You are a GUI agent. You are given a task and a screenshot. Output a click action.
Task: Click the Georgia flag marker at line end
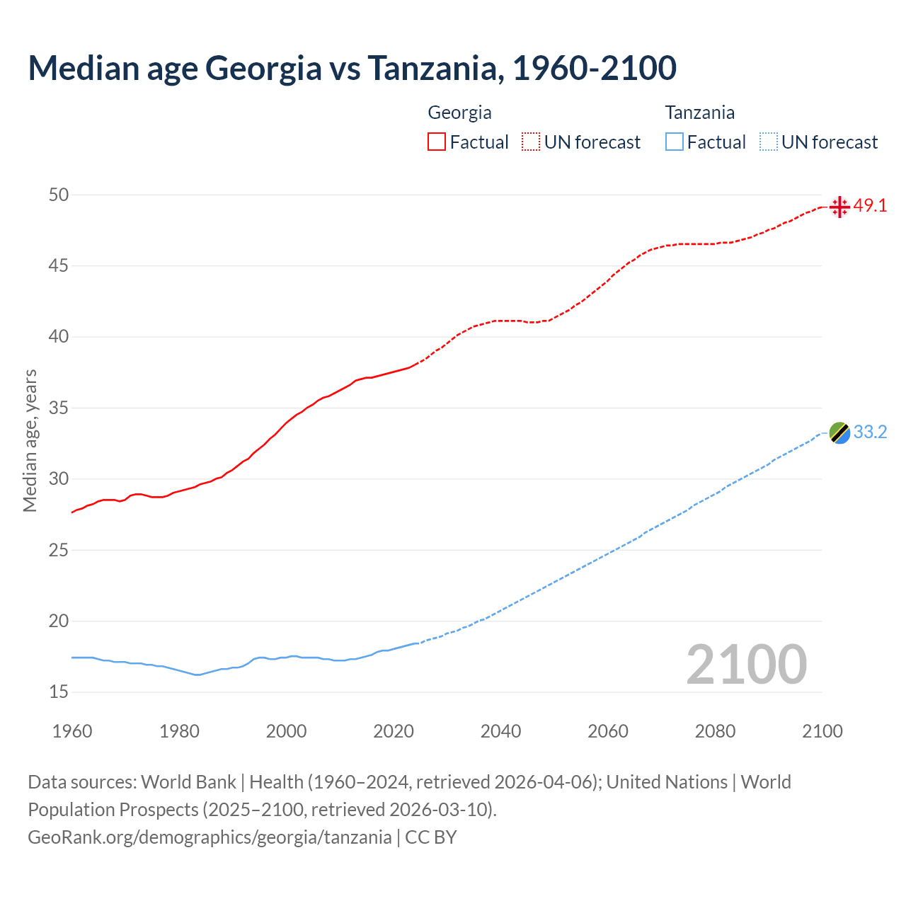[x=839, y=207]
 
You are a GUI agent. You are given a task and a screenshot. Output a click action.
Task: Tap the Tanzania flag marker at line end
[x=839, y=432]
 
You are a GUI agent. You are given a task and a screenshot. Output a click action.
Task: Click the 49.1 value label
[x=870, y=206]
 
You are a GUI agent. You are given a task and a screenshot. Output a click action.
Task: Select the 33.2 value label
[x=870, y=432]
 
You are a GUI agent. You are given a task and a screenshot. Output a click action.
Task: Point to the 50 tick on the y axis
[x=59, y=195]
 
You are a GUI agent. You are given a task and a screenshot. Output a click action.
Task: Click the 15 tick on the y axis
[x=59, y=692]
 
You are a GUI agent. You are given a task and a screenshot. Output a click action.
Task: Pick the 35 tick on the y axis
[x=59, y=408]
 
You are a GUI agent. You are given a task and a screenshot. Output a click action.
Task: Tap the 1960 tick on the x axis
[x=72, y=731]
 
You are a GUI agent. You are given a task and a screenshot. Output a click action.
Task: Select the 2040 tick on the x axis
[x=500, y=731]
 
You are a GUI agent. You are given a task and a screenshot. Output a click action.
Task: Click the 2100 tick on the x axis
[x=822, y=731]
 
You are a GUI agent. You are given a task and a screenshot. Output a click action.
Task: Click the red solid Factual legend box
[x=437, y=142]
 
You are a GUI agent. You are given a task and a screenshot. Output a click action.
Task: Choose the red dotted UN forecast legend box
[x=531, y=142]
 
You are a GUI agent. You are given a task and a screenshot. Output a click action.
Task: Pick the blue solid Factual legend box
[x=675, y=142]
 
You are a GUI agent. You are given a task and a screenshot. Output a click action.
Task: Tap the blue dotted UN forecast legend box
[x=769, y=142]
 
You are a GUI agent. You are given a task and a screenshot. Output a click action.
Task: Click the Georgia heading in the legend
[x=459, y=113]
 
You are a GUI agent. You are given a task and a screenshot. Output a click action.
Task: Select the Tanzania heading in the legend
[x=699, y=113]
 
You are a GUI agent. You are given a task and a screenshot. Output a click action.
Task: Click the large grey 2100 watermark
[x=746, y=664]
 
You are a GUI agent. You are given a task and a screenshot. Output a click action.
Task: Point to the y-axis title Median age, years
[x=30, y=440]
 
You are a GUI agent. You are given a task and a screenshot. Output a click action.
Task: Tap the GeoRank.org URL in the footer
[x=210, y=837]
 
